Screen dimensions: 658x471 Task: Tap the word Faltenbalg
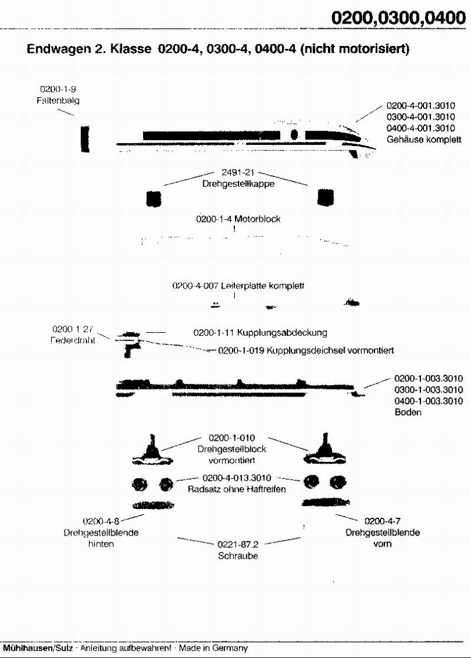pos(57,100)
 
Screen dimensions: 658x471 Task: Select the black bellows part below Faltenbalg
pos(85,138)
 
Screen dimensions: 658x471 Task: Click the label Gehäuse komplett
pos(424,140)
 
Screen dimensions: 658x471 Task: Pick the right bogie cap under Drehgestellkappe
pos(326,197)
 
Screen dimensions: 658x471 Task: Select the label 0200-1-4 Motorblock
pos(238,219)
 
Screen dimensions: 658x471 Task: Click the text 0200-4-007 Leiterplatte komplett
pos(238,286)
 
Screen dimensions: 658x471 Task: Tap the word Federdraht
pos(73,339)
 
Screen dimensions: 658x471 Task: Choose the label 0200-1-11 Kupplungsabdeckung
pos(260,332)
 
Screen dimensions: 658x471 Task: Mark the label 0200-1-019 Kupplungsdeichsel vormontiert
pos(306,351)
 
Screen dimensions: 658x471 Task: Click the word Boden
pos(408,412)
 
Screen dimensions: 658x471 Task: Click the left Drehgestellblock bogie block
pos(154,449)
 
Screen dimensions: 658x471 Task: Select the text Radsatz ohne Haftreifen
pos(236,489)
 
